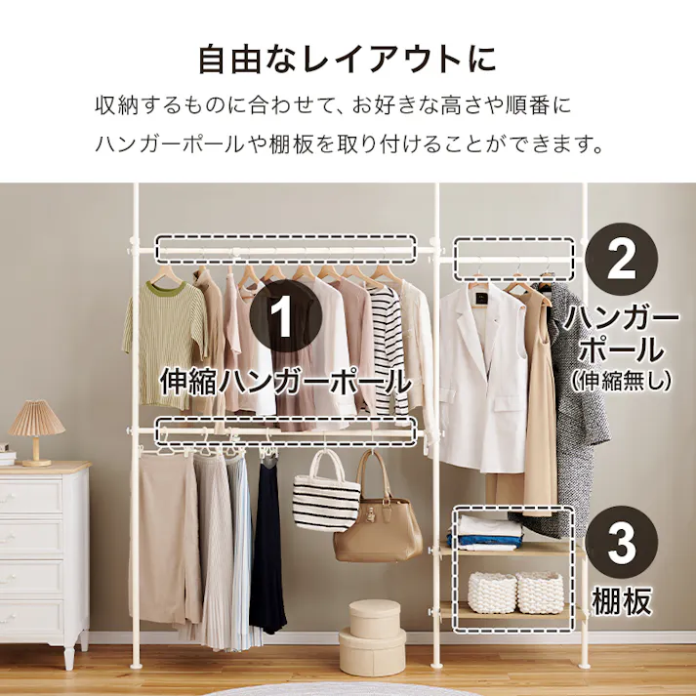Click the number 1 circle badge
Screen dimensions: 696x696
[x=285, y=316]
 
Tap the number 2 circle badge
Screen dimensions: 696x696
[x=621, y=259]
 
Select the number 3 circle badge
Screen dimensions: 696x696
[x=621, y=543]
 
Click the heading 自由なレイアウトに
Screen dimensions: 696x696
[x=347, y=59]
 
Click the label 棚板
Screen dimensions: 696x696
[x=622, y=601]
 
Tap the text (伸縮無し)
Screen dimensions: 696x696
[x=621, y=381]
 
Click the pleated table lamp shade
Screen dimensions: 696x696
[x=36, y=418]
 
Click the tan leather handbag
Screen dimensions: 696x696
[x=378, y=519]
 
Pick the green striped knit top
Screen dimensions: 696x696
[x=166, y=342]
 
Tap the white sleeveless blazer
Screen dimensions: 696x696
[x=481, y=378]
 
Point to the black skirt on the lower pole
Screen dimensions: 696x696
[x=266, y=546]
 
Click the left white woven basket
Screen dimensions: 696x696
[x=492, y=593]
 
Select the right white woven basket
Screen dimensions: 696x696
[x=540, y=593]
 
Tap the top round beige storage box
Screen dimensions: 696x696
[x=374, y=618]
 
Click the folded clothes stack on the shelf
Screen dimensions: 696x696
[x=485, y=533]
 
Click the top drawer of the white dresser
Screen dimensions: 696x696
[x=31, y=496]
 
